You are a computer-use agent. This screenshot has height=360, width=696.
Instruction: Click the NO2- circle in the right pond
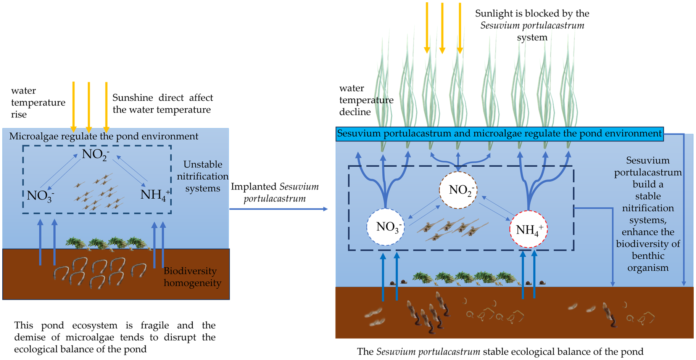(x=458, y=190)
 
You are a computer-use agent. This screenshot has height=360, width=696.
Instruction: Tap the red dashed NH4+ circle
(x=529, y=229)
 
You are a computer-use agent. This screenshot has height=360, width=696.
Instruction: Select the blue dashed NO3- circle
(x=386, y=227)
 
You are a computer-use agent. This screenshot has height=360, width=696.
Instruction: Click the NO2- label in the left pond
(x=95, y=154)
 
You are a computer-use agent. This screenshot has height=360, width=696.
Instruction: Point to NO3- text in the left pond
(x=40, y=196)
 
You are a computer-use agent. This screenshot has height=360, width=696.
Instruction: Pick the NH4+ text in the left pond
(x=155, y=195)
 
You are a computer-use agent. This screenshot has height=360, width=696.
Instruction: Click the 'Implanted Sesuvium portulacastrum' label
(x=275, y=193)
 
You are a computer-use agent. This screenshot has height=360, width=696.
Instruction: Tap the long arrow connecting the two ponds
(x=279, y=209)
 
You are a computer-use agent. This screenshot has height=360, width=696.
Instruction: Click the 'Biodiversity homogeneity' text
(x=192, y=277)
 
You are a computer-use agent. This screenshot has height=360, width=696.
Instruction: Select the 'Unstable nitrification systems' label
(x=202, y=176)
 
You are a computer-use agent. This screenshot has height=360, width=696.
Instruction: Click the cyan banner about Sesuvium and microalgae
(x=499, y=134)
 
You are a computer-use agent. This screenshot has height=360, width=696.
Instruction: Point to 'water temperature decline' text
(x=366, y=100)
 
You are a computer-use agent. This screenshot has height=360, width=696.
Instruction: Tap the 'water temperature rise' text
(x=37, y=102)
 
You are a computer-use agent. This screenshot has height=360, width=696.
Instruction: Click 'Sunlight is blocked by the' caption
(x=532, y=14)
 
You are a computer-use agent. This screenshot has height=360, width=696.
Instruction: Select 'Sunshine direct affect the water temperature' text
(x=162, y=103)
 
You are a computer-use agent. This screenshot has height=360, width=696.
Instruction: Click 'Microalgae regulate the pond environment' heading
(x=103, y=137)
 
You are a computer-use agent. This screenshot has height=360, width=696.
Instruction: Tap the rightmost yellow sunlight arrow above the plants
(x=460, y=27)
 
